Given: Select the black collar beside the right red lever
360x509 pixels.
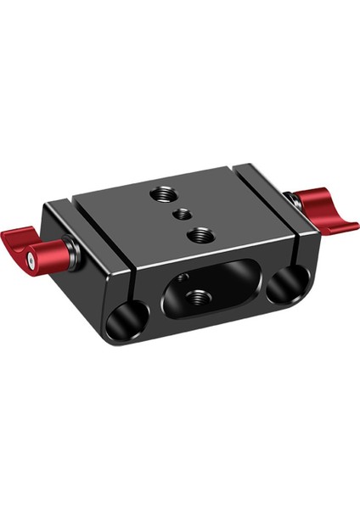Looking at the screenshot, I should tap(290, 202).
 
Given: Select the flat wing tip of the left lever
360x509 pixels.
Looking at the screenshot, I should tap(15, 238).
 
